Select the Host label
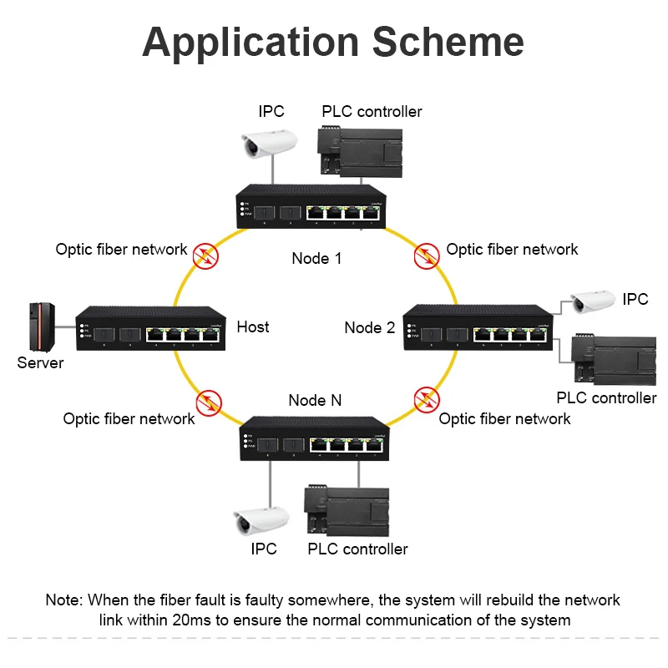point(253,326)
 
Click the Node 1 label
point(316,258)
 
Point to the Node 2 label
point(370,327)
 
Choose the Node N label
point(315,401)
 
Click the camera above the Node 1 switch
point(268,144)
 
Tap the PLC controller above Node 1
point(359,151)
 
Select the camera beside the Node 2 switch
point(592,301)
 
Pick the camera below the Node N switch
point(261,520)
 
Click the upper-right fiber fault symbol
point(428,254)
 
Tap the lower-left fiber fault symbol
point(210,402)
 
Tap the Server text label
point(40,363)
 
